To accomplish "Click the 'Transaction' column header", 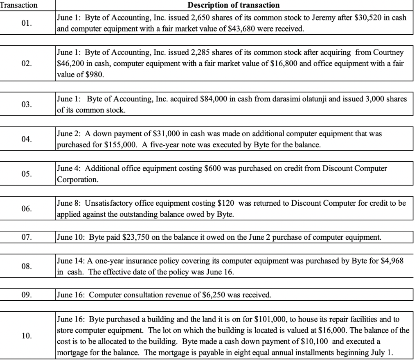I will (19, 5).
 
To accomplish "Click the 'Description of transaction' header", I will (233, 5).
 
